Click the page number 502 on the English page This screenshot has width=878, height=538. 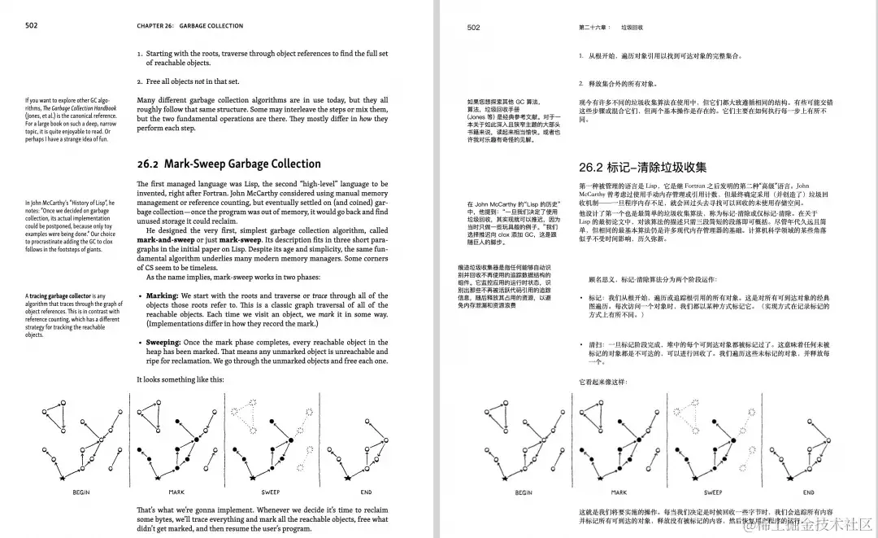(x=32, y=25)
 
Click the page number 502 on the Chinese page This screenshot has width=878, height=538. (x=474, y=28)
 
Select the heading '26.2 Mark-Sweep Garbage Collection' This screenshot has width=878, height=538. (x=228, y=164)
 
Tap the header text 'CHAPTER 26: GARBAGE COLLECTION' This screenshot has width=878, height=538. (x=190, y=26)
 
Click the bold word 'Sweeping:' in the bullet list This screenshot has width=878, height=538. (x=165, y=343)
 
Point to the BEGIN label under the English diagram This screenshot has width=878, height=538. (x=81, y=492)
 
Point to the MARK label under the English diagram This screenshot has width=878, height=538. (x=176, y=492)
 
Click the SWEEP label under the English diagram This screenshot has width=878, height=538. (x=271, y=492)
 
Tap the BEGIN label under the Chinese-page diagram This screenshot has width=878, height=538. (x=524, y=492)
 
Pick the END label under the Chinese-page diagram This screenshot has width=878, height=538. (x=808, y=492)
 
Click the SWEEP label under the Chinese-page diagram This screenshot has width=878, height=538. (x=713, y=492)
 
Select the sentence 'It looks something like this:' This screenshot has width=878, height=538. (x=180, y=380)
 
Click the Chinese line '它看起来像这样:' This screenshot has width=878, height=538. (x=602, y=382)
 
